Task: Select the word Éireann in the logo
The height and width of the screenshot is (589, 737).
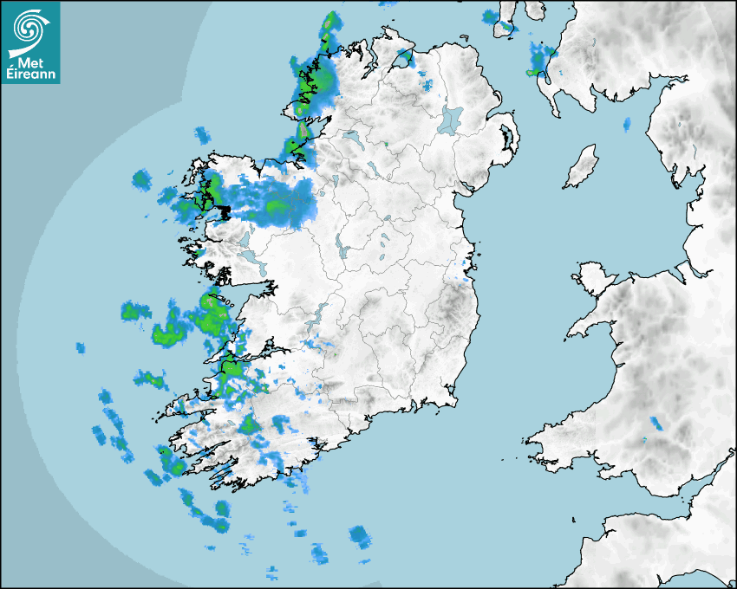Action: click(31, 74)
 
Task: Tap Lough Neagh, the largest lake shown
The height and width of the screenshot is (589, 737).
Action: click(451, 119)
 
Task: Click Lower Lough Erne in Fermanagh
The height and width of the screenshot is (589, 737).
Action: click(352, 137)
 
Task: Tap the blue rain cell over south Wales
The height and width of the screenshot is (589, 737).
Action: click(656, 424)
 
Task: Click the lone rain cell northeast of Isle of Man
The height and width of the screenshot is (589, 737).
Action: click(626, 125)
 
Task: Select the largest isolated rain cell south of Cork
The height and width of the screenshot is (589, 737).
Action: click(359, 536)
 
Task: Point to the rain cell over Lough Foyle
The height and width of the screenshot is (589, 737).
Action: click(404, 59)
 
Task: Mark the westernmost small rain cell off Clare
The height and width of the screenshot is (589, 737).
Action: click(81, 348)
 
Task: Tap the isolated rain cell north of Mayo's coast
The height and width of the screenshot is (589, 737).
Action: click(202, 134)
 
